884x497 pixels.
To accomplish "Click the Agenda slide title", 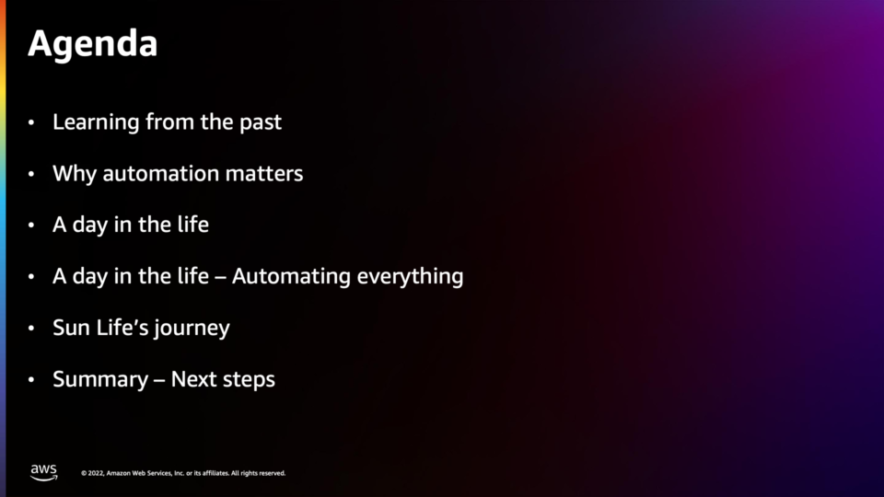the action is coord(92,44).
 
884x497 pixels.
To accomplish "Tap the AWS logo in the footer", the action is coord(44,472).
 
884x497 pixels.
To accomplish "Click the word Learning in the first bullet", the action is coord(96,122).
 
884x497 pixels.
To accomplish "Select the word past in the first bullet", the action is coord(260,123).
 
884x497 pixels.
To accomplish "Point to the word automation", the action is coord(160,174).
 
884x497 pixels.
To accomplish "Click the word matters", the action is coord(264,174).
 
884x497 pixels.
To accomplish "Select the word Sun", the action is coord(72,328).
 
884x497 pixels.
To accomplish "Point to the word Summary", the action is coord(100,380).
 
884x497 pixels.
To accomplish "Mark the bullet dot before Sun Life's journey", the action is coord(31,328).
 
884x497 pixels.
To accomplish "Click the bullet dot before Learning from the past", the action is coord(31,122).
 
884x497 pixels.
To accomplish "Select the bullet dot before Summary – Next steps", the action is coord(31,380).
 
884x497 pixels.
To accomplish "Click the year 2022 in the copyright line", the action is coord(96,473).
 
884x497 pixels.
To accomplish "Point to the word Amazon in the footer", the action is coord(119,473).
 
